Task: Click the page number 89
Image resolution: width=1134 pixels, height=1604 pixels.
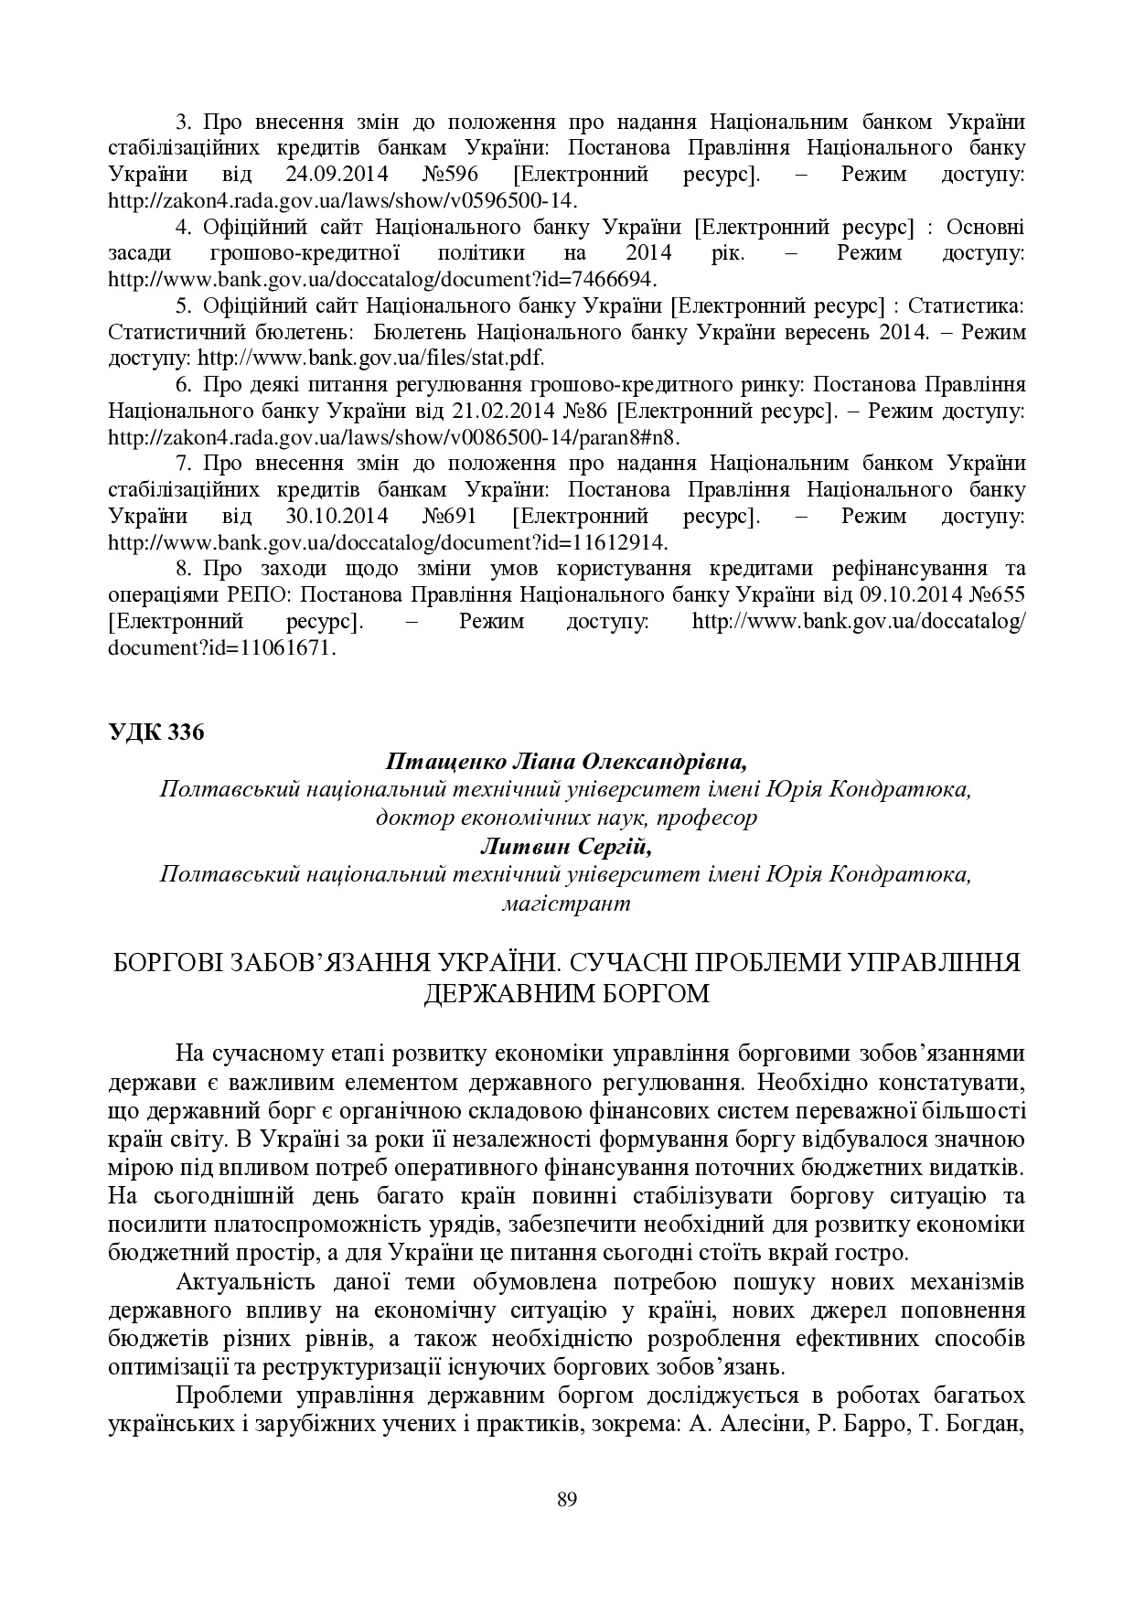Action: (x=566, y=1499)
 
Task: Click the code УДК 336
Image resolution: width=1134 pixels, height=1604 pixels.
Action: (x=155, y=732)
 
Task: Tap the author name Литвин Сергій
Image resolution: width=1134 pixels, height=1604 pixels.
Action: (x=566, y=847)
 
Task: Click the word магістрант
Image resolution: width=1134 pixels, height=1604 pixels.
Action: (x=566, y=904)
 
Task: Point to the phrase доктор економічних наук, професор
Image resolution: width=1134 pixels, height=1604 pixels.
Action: (x=566, y=818)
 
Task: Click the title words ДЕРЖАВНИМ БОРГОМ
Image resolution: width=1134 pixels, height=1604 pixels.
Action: (x=566, y=992)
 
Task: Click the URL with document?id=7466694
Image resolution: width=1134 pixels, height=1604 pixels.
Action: (x=382, y=279)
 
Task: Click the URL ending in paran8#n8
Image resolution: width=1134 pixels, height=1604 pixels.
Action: (x=395, y=437)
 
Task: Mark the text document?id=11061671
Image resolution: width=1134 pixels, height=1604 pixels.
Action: (x=222, y=648)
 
